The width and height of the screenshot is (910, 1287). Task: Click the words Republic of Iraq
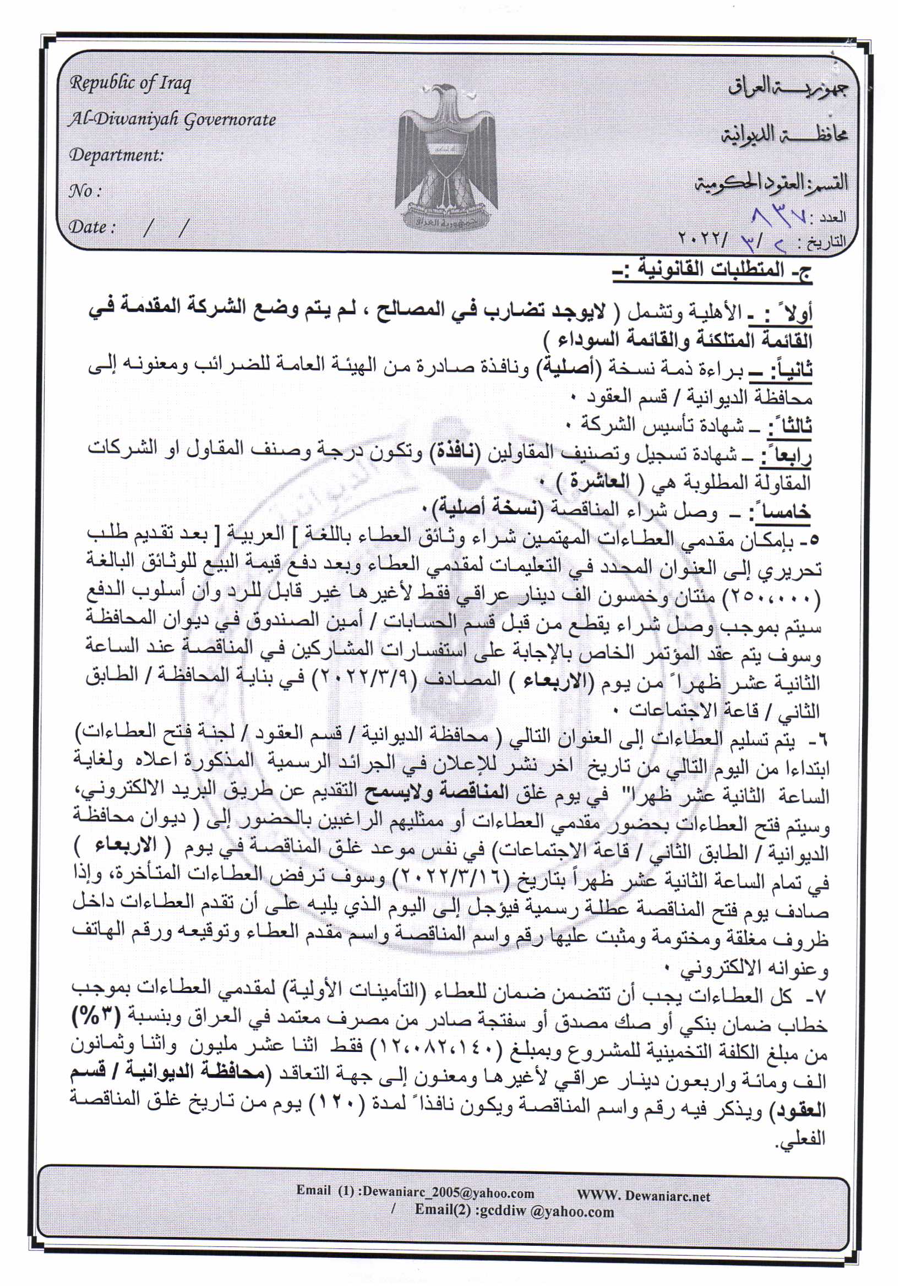(130, 84)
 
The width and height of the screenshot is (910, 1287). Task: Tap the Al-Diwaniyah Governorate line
(172, 119)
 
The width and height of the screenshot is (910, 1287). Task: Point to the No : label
(85, 191)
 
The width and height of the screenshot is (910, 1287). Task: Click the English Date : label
(91, 227)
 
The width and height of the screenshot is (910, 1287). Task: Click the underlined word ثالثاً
(789, 427)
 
